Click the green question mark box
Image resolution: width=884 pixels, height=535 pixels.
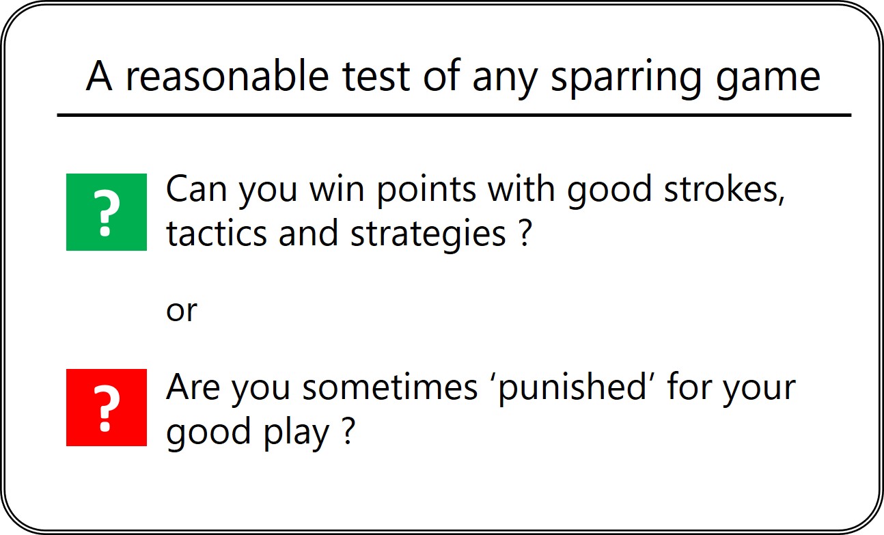pyautogui.click(x=106, y=212)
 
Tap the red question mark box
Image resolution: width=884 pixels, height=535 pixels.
pyautogui.click(x=106, y=407)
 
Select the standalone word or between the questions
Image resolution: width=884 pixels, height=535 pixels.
pyautogui.click(x=181, y=312)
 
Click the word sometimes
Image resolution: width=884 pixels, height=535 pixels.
pyautogui.click(x=391, y=387)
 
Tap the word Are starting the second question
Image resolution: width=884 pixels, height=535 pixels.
pyautogui.click(x=193, y=387)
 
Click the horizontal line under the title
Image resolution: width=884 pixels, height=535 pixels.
pyautogui.click(x=454, y=115)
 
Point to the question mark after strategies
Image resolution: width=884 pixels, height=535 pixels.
pyautogui.click(x=524, y=234)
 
